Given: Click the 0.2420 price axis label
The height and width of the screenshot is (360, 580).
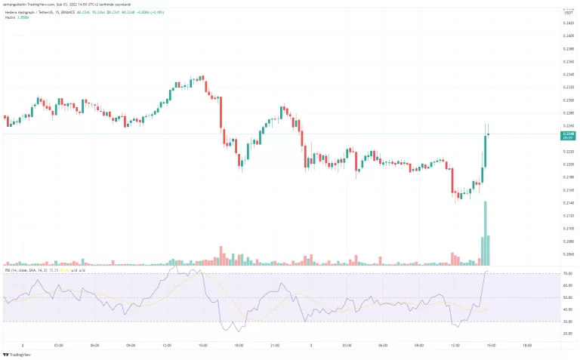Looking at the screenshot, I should (568, 23).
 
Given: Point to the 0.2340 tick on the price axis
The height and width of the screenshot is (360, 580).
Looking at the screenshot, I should (568, 75).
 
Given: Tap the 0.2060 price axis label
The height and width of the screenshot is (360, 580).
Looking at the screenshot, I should (568, 254).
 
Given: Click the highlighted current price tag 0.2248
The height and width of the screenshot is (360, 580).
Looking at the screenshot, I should (567, 134).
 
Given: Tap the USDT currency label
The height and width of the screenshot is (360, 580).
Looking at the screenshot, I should (567, 12).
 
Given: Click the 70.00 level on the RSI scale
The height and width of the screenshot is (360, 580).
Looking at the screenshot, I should (567, 273).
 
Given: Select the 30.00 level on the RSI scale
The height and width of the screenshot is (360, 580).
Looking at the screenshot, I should (567, 322).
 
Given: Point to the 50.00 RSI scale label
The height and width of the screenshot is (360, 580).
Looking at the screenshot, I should (567, 297).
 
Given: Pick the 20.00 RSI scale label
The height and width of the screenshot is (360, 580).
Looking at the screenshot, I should (567, 334).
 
